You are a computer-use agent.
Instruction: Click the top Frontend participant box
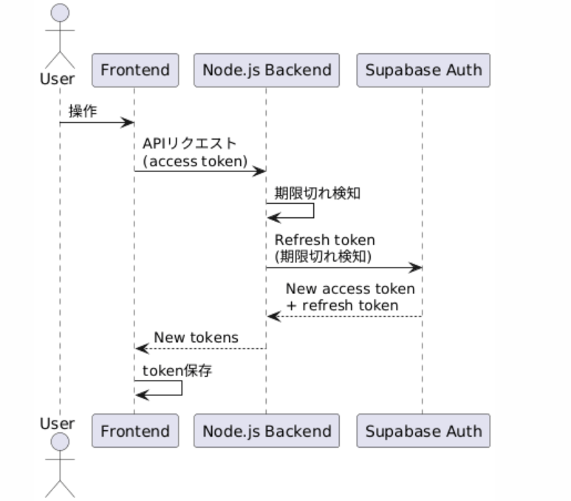[x=134, y=71]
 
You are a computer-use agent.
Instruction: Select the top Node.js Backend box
[x=266, y=71]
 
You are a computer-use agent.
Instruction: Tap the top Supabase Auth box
[x=423, y=71]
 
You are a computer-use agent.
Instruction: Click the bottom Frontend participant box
[x=134, y=431]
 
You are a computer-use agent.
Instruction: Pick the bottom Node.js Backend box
[x=266, y=431]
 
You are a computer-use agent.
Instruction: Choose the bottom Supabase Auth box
[x=423, y=431]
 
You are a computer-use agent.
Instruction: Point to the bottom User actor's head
[x=61, y=442]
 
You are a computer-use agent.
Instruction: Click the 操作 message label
[x=82, y=112]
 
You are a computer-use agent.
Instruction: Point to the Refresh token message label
[x=325, y=240]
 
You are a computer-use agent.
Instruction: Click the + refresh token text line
[x=343, y=305]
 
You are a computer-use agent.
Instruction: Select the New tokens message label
[x=196, y=338]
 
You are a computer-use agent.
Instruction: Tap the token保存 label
[x=177, y=371]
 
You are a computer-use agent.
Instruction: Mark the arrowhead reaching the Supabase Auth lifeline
[x=417, y=267]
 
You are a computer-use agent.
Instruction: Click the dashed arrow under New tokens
[x=200, y=348]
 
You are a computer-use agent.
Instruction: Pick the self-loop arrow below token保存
[x=182, y=389]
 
